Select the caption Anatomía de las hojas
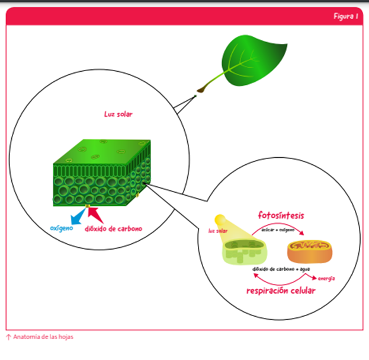coord(43,337)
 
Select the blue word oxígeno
coord(62,227)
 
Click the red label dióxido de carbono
coord(113,228)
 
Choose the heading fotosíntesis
coord(281,215)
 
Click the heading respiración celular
coord(281,291)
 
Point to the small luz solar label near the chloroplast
coord(217,232)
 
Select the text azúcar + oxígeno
coord(278,227)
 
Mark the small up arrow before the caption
coord(8,337)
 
